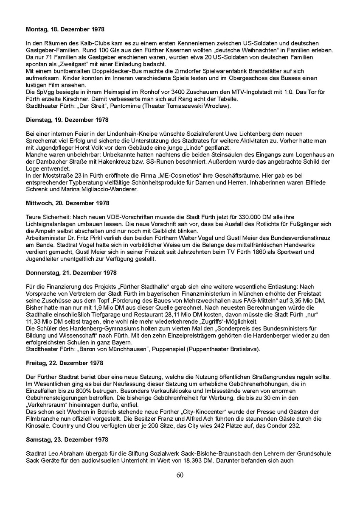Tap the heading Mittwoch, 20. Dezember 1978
(x=67, y=203)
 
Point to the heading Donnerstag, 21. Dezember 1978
(x=71, y=272)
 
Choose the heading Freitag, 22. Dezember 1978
(x=65, y=363)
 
